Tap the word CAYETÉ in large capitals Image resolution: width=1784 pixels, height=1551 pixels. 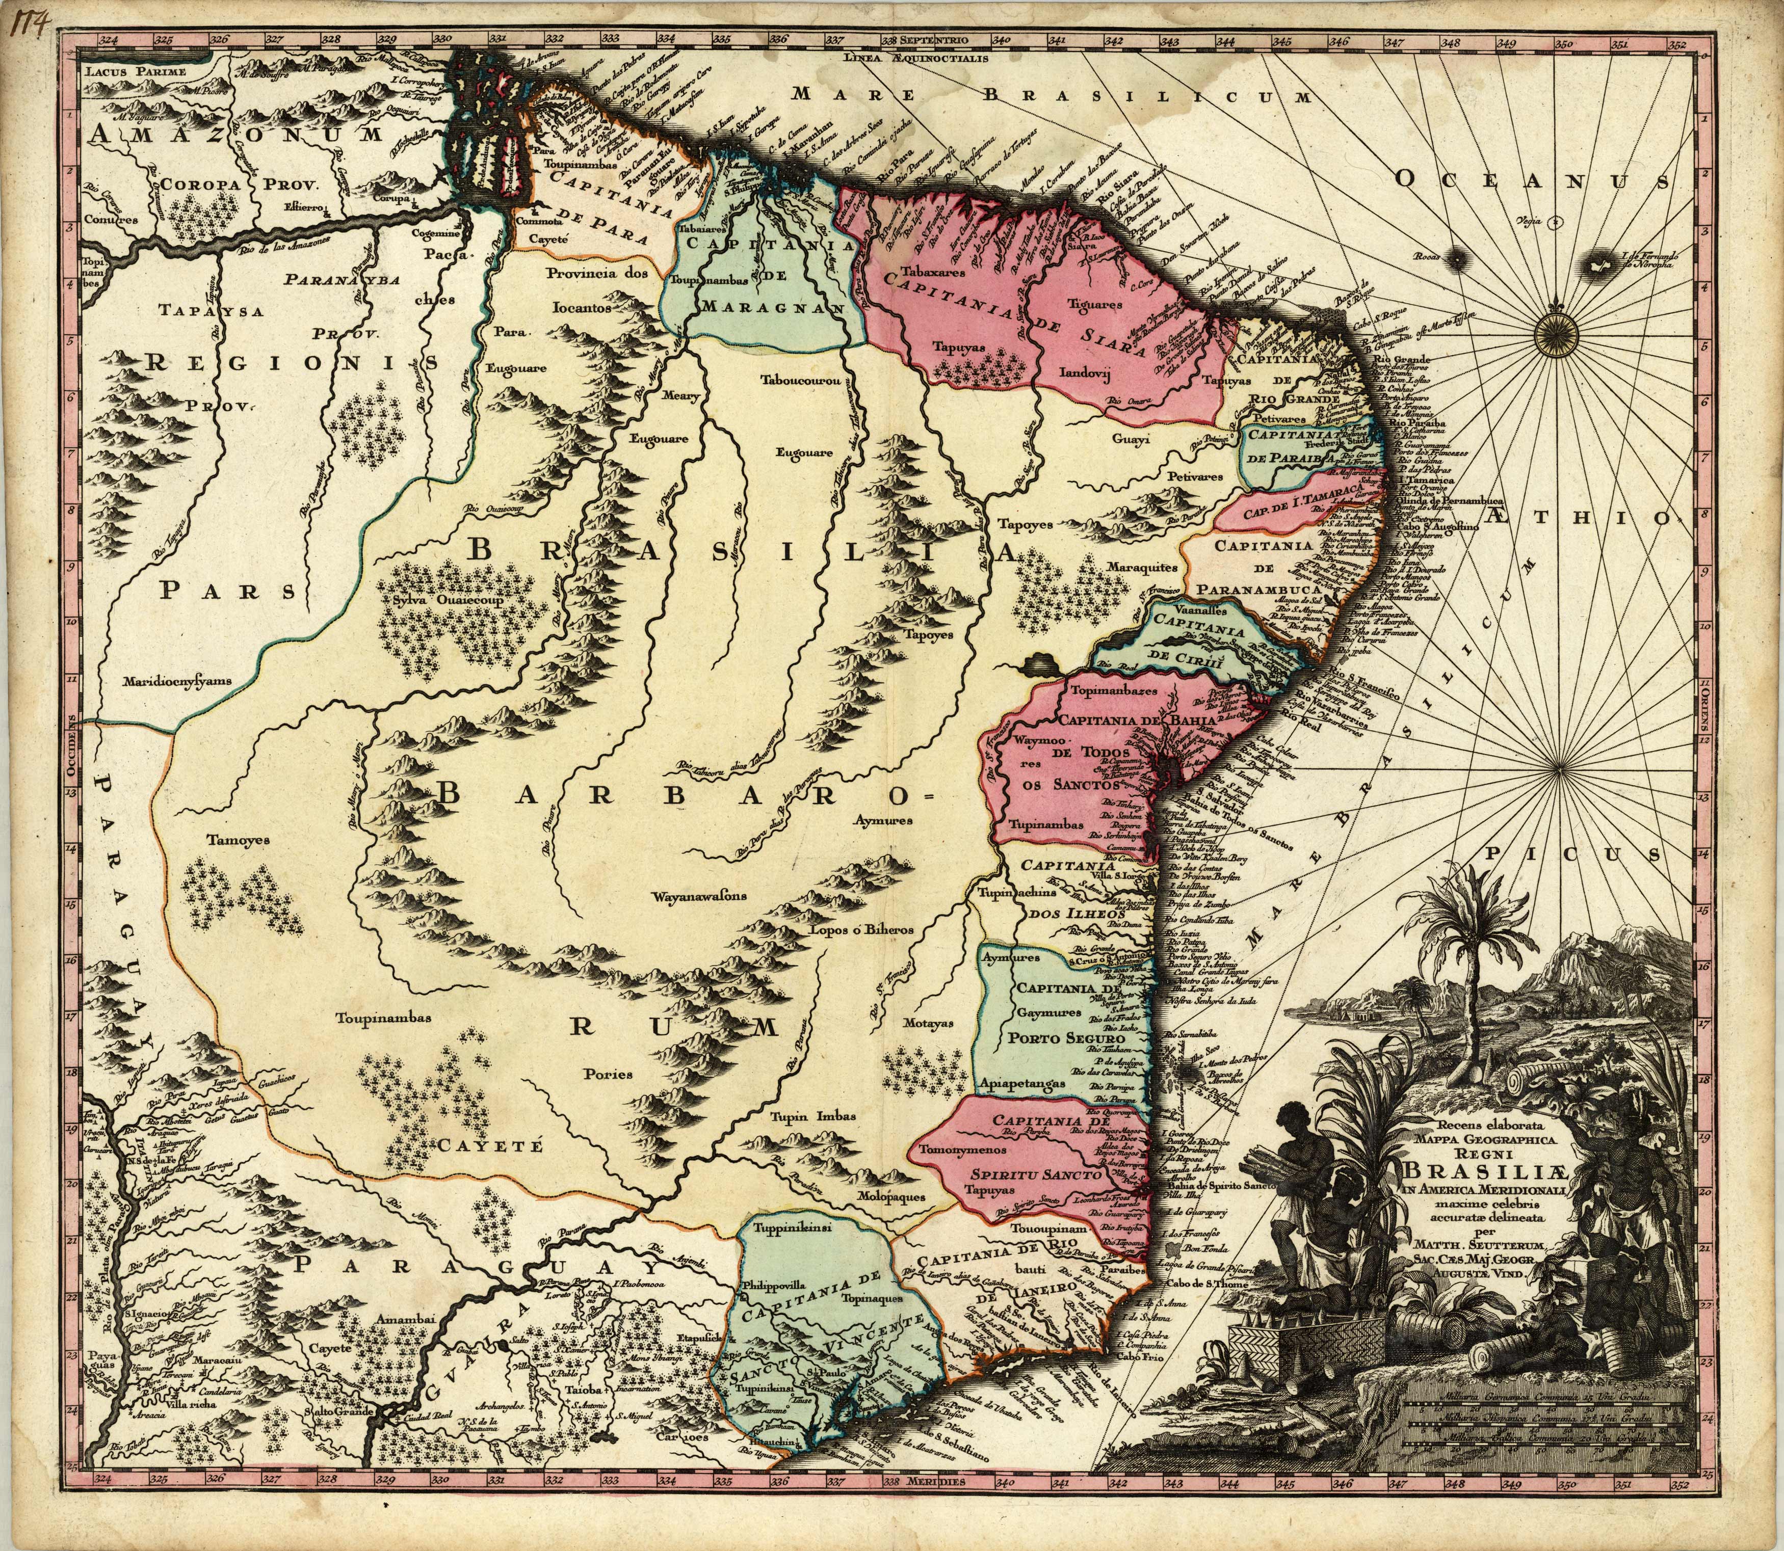click(x=489, y=1146)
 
